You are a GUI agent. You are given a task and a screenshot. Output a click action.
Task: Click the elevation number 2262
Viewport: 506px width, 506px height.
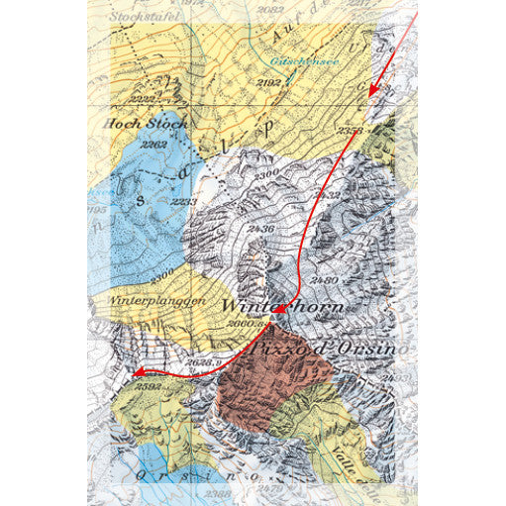click(153, 145)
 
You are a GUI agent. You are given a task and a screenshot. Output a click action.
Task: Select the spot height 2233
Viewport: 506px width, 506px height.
click(183, 202)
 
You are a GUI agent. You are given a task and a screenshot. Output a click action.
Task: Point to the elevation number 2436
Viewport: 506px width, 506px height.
click(261, 230)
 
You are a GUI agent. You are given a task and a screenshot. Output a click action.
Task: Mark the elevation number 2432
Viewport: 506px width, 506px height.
click(340, 194)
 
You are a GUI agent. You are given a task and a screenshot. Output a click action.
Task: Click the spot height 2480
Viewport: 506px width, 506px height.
click(325, 280)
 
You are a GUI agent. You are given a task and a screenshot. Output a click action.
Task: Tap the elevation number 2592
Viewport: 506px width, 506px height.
click(152, 386)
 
